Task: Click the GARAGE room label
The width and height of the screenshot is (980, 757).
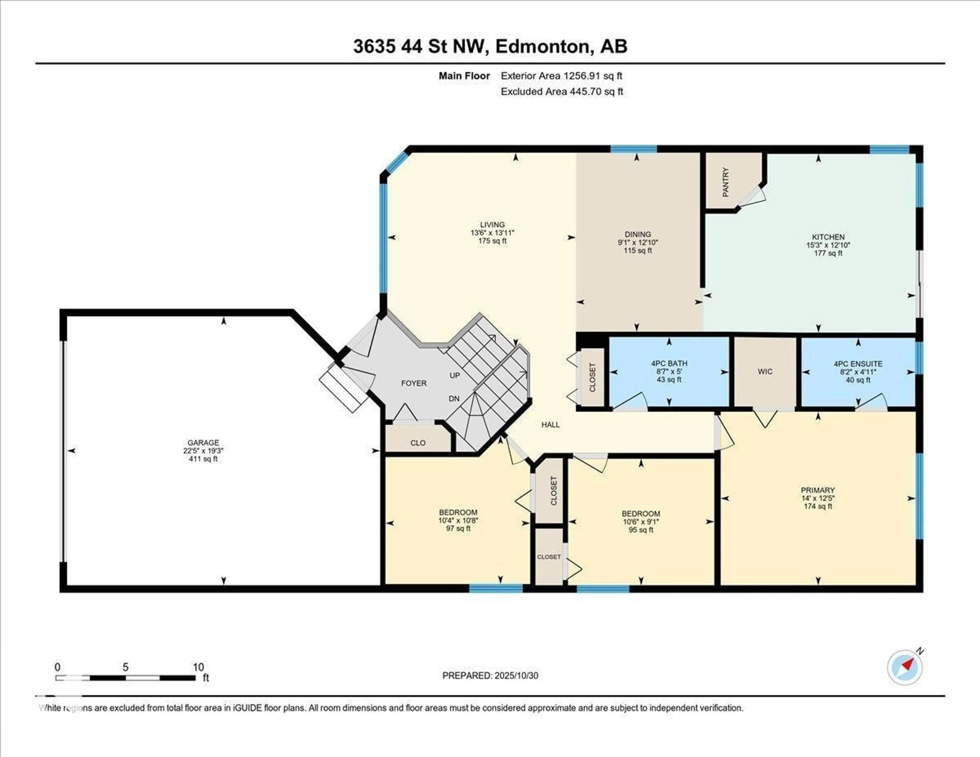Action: pyautogui.click(x=203, y=443)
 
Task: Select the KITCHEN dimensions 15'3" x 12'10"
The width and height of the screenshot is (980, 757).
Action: pyautogui.click(x=828, y=245)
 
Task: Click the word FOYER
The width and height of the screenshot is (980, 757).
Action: pyautogui.click(x=413, y=383)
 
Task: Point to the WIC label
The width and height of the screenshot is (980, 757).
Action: pyautogui.click(x=765, y=372)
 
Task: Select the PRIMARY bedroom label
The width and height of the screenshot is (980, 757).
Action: pyautogui.click(x=818, y=490)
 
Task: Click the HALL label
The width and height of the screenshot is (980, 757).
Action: pyautogui.click(x=550, y=424)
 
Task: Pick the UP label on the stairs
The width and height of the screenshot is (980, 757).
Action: pyautogui.click(x=455, y=375)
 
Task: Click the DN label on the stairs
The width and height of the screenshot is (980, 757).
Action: pyautogui.click(x=454, y=398)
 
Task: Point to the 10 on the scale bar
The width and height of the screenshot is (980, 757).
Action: pyautogui.click(x=198, y=667)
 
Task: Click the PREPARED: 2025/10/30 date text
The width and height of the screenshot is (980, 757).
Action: pyautogui.click(x=490, y=675)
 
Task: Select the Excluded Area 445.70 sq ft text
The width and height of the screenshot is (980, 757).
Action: pyautogui.click(x=562, y=92)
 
